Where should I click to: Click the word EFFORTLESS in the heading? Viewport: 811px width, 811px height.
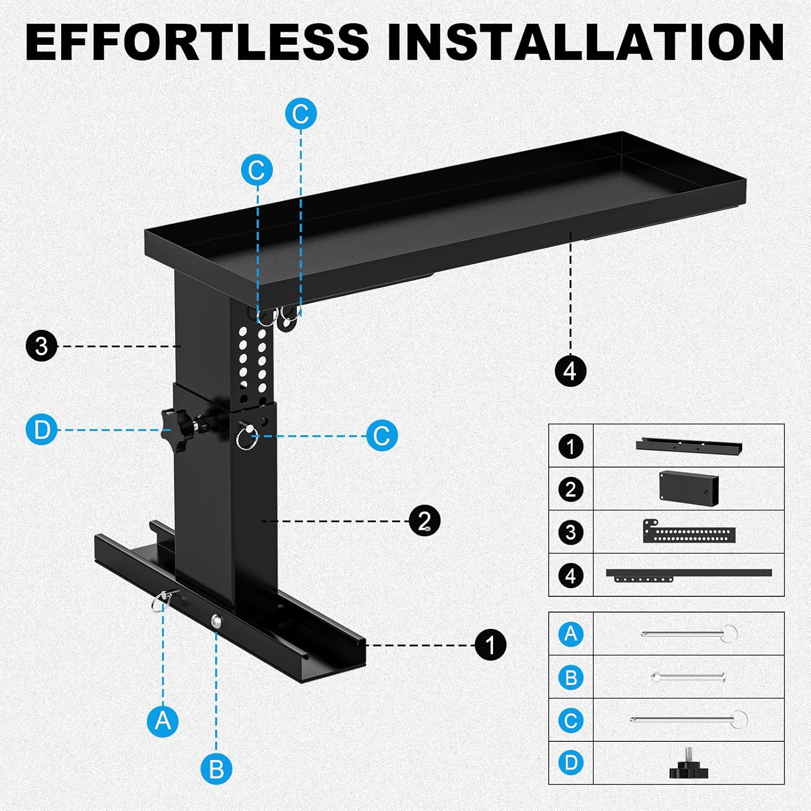coord(197,42)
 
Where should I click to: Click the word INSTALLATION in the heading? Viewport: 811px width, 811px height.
coord(586,42)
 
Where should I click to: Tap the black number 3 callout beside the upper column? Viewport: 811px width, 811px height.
coord(42,346)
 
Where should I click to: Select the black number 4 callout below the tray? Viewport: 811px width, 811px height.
coord(570,371)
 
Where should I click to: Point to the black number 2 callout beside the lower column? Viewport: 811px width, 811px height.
coord(424,521)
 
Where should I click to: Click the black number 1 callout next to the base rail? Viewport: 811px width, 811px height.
coord(490,644)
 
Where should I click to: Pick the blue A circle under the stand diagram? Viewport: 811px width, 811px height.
coord(163,721)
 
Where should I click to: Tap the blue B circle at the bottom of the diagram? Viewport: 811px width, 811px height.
coord(216,769)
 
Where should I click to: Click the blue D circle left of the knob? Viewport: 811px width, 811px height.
coord(42,430)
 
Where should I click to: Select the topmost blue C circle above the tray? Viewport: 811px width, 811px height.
coord(301,114)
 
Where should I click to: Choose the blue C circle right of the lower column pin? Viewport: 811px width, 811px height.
coord(382,435)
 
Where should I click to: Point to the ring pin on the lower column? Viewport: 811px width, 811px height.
coord(246,436)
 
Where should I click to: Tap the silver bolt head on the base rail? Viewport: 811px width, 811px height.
coord(216,621)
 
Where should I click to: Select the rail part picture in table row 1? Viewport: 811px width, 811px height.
coord(688,446)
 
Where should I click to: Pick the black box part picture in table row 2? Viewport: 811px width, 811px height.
coord(688,488)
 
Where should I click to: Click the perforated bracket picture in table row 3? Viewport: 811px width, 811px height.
coord(688,532)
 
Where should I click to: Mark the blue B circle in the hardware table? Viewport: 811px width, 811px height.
coord(571,677)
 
